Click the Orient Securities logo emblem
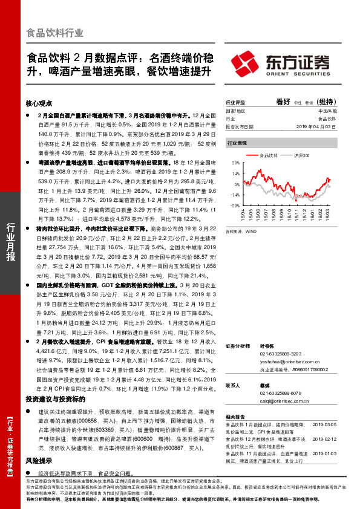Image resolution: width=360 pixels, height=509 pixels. (243, 63)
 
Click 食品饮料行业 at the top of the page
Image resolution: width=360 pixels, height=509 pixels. (55, 33)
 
